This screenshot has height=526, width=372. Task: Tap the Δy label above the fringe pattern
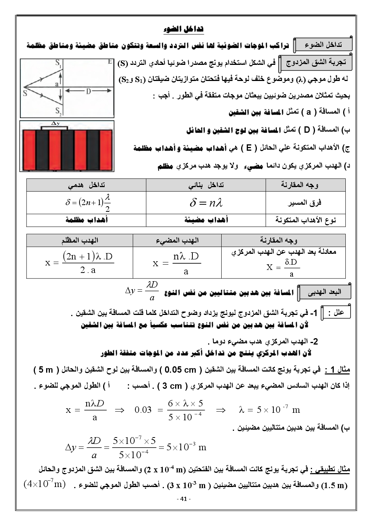coord(55,123)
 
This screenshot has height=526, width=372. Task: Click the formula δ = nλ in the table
coord(206,203)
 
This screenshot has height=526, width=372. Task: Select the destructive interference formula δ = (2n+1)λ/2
coord(88,202)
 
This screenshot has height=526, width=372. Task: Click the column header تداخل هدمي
coord(86,184)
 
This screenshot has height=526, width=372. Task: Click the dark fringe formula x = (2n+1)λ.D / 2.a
coord(79,262)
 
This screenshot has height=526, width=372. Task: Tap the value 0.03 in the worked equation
coord(143,410)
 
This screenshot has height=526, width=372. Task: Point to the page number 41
coord(183,499)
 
